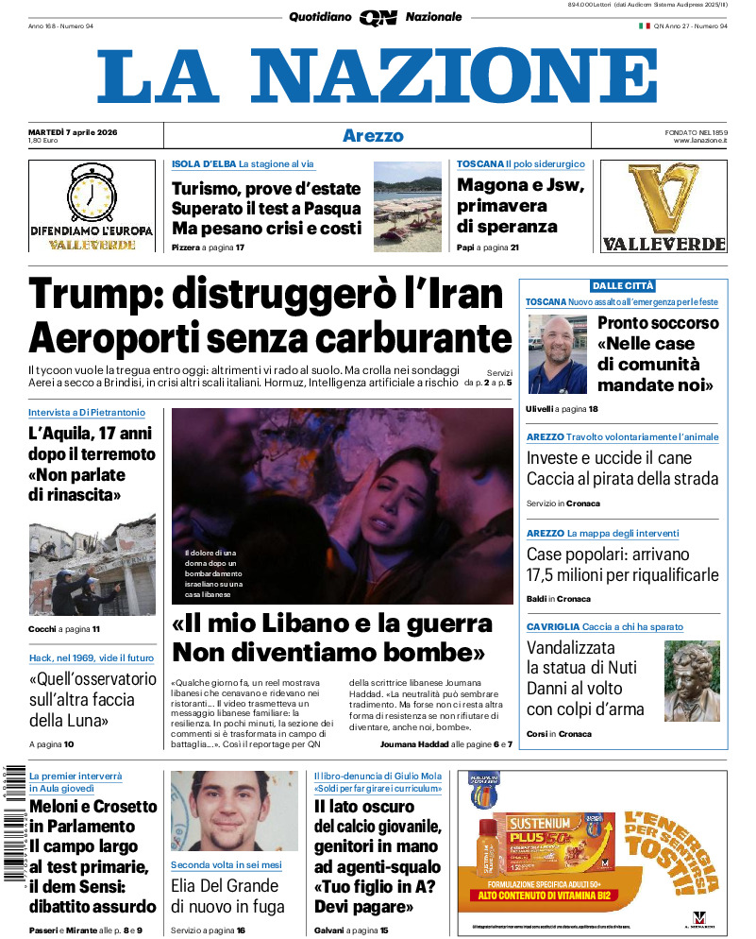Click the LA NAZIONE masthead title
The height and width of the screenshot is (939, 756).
coord(378,77)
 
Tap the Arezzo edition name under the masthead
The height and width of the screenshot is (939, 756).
coord(373,136)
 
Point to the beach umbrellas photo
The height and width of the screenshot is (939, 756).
coord(407,206)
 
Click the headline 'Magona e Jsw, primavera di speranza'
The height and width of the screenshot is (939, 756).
coord(520,206)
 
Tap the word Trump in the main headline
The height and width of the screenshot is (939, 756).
coord(86,295)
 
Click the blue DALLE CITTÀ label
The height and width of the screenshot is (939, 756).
coord(623,285)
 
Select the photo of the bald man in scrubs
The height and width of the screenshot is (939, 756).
coord(557,355)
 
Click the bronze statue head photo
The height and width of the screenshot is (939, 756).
coord(692,681)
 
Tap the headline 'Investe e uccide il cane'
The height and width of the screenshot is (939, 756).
coord(610,458)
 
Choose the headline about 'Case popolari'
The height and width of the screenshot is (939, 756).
coord(622,565)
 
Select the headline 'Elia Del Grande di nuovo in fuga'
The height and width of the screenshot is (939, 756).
coord(225,896)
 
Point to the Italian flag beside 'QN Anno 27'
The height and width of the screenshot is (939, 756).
coord(645,26)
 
